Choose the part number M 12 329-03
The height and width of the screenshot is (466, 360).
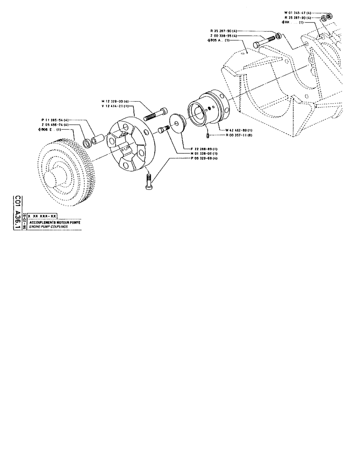point(115,101)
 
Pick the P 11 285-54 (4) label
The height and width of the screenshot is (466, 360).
point(55,120)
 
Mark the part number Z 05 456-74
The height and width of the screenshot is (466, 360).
point(55,125)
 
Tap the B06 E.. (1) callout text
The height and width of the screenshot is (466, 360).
point(51,130)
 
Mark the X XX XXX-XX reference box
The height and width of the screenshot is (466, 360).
point(42,217)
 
